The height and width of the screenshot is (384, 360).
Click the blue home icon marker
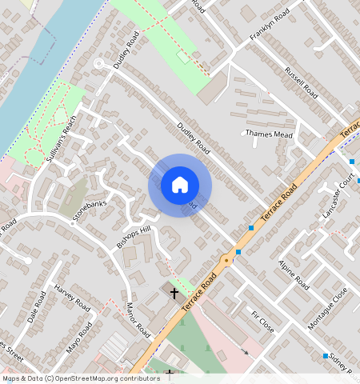[x=180, y=185]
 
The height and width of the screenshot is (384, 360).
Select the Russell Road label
[x=301, y=82]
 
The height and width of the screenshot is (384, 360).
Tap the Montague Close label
[x=328, y=308]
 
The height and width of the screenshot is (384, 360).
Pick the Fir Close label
[x=262, y=322]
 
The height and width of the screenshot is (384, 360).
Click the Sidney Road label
[x=339, y=361]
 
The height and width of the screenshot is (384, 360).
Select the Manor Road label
[x=138, y=318]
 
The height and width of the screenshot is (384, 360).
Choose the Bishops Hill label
[x=134, y=237]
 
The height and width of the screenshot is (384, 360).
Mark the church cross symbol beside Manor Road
[x=174, y=293]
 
